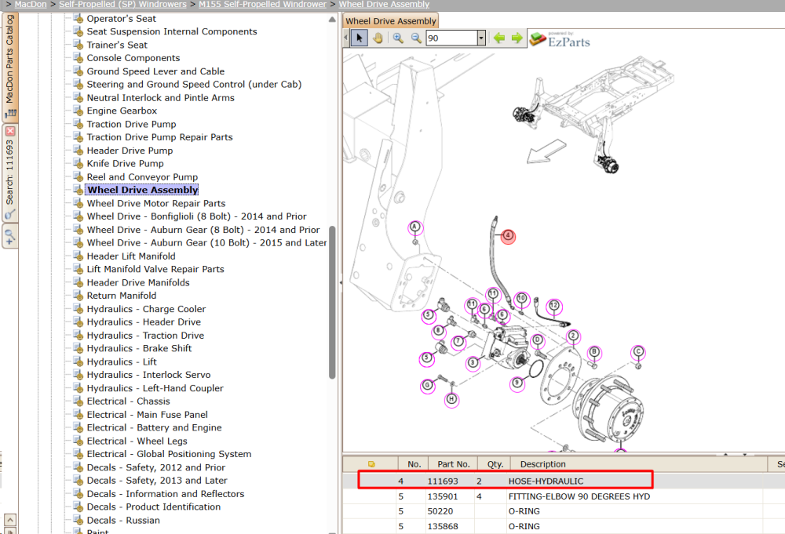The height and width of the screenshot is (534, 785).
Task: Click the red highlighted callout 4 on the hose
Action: point(508,235)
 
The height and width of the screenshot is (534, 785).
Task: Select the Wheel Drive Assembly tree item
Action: point(143,190)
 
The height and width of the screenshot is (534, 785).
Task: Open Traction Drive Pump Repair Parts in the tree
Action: point(159,137)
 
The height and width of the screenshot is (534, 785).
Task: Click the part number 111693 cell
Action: point(443,481)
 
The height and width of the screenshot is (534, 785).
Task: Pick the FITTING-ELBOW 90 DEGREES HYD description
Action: point(579,496)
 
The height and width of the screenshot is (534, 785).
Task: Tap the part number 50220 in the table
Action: point(440,511)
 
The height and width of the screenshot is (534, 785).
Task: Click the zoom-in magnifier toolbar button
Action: point(398,38)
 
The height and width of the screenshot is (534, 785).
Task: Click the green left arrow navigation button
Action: point(499,38)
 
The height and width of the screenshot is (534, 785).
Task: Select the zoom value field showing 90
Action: point(452,38)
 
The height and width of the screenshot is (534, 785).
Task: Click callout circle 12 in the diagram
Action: point(553,306)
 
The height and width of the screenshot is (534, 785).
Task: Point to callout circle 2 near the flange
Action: point(573,336)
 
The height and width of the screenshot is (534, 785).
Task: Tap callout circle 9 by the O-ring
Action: point(517,383)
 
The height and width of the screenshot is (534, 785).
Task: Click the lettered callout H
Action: point(451,399)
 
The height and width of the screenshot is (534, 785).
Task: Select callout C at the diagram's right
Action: point(637,351)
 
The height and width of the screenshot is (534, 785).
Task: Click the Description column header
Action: point(542,464)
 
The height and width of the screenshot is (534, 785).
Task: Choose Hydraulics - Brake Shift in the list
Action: point(139,348)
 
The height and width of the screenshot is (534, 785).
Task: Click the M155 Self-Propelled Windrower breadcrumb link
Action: point(262,5)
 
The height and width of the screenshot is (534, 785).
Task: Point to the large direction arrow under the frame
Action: point(546,151)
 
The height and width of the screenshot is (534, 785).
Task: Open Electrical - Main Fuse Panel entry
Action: point(148,415)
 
